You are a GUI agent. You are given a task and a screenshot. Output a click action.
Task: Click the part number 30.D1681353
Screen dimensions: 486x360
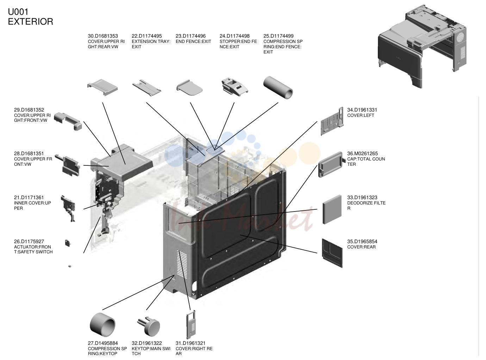click(x=103, y=36)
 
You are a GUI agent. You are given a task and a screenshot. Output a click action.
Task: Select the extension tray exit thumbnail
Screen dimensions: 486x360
click(x=147, y=87)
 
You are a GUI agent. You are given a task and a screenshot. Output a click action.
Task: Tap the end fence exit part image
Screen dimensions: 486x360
click(x=189, y=88)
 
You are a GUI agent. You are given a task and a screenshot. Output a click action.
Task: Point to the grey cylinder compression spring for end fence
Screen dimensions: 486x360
click(x=278, y=88)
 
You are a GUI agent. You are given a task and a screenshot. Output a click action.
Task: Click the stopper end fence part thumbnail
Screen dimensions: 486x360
click(x=235, y=87)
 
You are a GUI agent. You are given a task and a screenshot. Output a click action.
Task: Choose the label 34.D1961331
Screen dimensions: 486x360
click(x=362, y=110)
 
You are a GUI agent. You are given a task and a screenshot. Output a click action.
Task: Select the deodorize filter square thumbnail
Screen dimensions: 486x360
click(x=332, y=209)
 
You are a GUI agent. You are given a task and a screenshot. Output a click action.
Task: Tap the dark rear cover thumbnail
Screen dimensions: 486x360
click(x=332, y=253)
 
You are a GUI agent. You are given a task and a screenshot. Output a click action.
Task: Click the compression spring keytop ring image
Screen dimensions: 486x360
click(x=102, y=325)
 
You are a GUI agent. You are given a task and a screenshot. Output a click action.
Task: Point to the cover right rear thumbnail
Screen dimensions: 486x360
click(x=191, y=324)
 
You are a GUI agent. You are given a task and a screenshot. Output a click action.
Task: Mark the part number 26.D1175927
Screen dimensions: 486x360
click(x=29, y=241)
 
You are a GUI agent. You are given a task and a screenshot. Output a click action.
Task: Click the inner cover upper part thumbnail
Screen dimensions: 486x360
click(x=68, y=208)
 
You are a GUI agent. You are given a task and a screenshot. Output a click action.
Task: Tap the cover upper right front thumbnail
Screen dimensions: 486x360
click(x=68, y=121)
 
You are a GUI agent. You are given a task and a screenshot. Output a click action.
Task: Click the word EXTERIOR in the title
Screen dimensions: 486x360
click(x=30, y=22)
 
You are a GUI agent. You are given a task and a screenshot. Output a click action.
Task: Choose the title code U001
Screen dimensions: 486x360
click(x=18, y=12)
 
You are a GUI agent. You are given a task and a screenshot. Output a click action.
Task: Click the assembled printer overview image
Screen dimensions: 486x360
click(x=422, y=46)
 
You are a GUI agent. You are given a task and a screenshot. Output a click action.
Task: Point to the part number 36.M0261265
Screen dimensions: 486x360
click(x=363, y=153)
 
